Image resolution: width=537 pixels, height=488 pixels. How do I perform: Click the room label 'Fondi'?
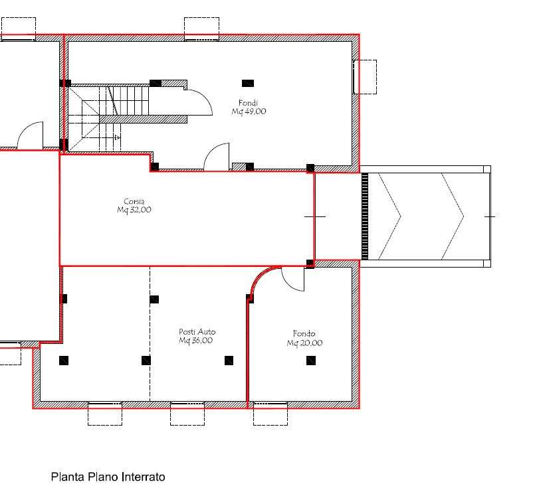(248, 103)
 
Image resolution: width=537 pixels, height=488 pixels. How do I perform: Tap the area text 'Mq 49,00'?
(249, 112)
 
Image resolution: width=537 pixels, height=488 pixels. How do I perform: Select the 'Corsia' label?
(134, 201)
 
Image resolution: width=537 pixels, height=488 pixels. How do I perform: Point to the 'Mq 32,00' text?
(134, 210)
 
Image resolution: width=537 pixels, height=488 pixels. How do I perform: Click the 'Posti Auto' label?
(197, 331)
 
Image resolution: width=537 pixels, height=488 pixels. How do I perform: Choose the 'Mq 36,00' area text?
(195, 341)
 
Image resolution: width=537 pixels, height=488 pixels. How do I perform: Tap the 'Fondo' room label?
(304, 334)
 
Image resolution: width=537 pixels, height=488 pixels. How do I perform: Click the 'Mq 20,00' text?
(304, 343)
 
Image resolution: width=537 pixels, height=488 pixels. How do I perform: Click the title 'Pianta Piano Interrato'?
(108, 476)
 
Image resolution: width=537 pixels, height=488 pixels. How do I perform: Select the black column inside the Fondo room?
(311, 361)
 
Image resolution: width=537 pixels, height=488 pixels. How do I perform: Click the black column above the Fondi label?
(248, 83)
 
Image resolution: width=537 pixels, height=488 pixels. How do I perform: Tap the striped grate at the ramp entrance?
(365, 216)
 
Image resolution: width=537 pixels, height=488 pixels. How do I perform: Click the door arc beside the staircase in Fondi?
(205, 96)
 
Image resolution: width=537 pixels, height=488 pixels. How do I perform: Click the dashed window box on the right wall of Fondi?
(365, 77)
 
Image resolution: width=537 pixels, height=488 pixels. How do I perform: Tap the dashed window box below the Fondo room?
(270, 414)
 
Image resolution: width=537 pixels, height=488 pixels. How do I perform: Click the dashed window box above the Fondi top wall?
(202, 29)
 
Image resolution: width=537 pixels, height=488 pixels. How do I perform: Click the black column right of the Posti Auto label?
(229, 361)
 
